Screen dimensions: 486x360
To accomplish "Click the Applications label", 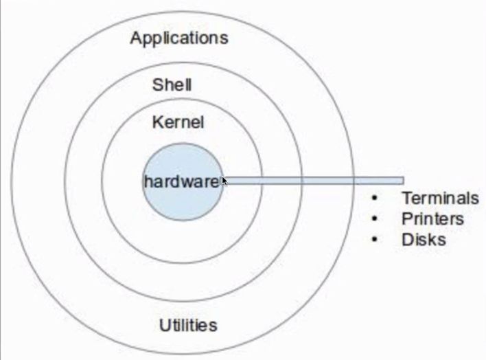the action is (178, 38).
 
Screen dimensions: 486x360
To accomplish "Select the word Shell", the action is (172, 86).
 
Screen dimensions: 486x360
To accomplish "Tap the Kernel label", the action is (178, 123).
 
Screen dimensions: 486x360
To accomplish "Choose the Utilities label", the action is (188, 325).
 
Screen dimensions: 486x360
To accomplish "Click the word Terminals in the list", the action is (440, 199).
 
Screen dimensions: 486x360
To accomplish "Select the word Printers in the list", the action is (432, 219).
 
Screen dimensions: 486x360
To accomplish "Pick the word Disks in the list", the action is (424, 240).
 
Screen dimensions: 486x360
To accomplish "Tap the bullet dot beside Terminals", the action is (375, 199).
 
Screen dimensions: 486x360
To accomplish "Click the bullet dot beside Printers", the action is (375, 219).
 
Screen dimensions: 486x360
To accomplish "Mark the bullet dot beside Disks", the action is (375, 240).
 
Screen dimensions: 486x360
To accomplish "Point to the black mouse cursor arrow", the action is (224, 181).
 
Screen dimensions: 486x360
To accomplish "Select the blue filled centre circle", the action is (183, 203).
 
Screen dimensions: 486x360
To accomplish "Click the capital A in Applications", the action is (136, 37).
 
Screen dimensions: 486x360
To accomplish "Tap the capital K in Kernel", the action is (157, 123).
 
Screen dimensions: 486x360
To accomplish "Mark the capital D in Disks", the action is (406, 240).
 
